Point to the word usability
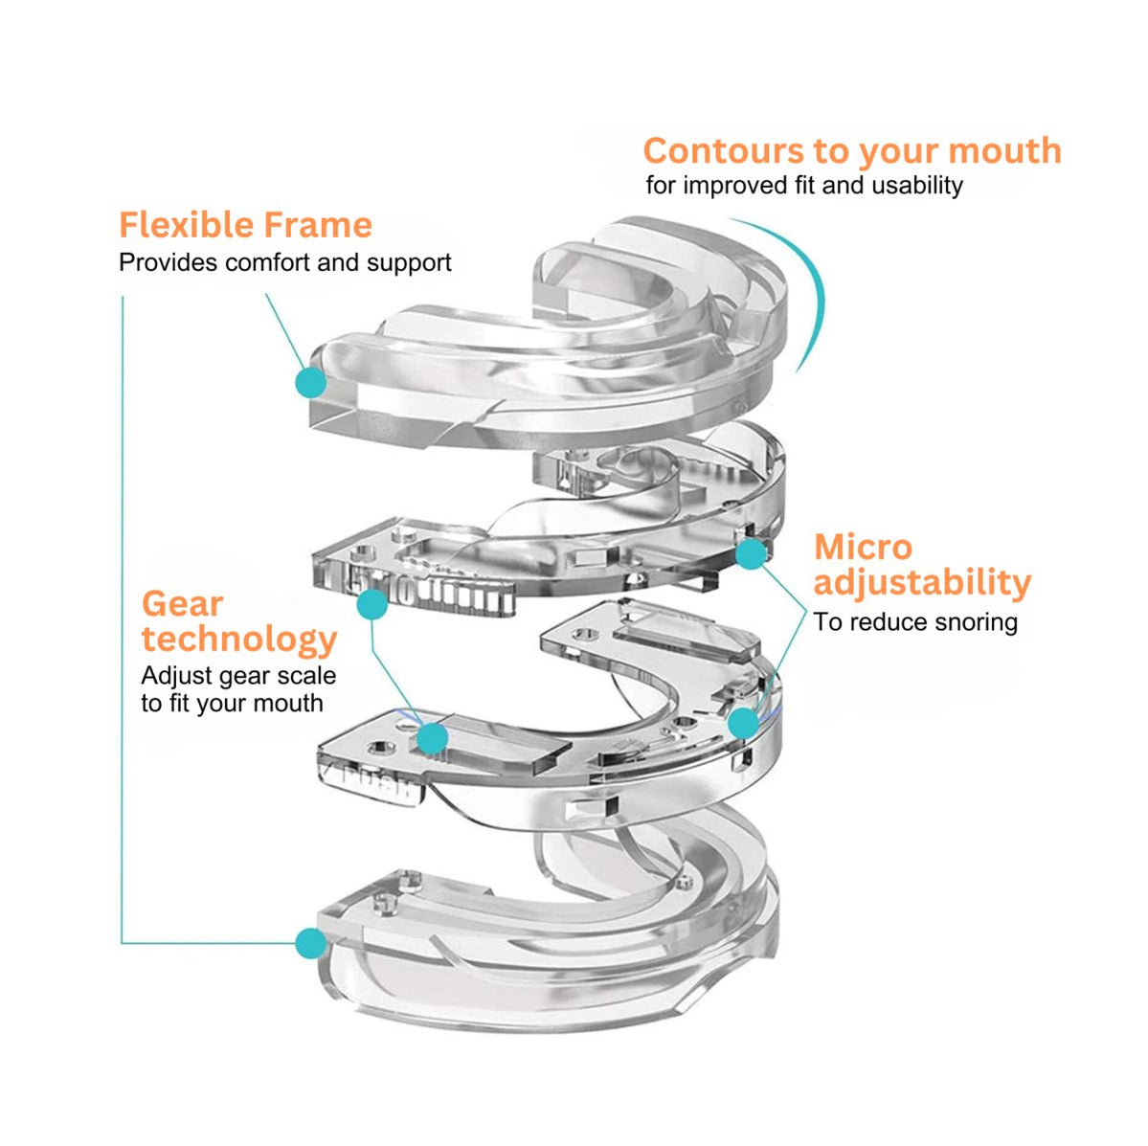click(913, 186)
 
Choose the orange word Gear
click(182, 604)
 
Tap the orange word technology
click(239, 639)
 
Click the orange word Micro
click(863, 548)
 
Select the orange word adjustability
click(922, 582)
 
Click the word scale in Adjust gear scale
click(306, 676)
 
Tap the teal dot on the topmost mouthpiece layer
click(310, 383)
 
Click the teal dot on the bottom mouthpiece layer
click(310, 943)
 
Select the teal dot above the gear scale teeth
click(371, 604)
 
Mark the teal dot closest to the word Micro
click(751, 553)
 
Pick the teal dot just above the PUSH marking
click(432, 737)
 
